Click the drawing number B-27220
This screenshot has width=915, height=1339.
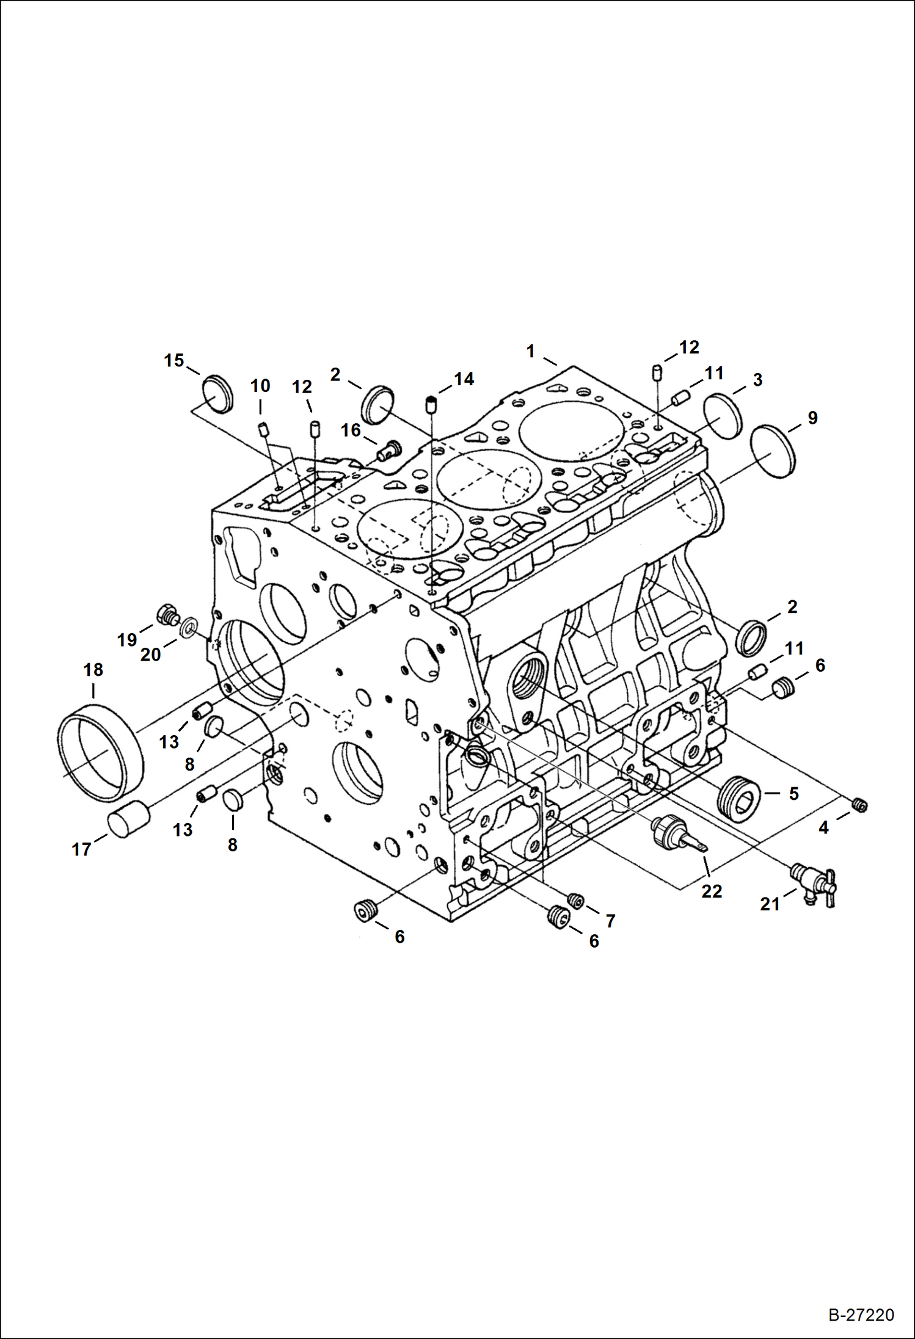861,1315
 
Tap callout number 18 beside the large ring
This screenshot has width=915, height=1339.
93,670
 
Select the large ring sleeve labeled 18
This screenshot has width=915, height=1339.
101,752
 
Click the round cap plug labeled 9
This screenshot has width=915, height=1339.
773,452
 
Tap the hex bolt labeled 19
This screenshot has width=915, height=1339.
167,615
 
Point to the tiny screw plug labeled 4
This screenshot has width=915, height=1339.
861,806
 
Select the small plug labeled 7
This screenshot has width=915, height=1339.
575,899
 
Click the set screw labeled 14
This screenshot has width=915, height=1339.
431,404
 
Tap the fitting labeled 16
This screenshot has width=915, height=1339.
388,451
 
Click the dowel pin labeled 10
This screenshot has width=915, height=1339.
263,429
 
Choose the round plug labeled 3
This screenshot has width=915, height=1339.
722,416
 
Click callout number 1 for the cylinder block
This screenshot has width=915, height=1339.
530,351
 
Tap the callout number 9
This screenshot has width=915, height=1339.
812,418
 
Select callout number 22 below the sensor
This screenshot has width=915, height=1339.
712,891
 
